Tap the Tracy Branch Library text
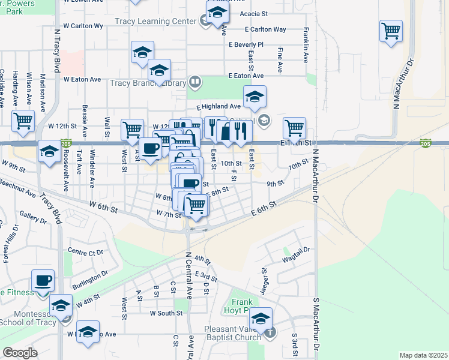[147, 83]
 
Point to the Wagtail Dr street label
[295, 254]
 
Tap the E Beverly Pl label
[246, 45]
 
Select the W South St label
[166, 313]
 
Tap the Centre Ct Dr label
[86, 251]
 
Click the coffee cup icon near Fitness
[43, 280]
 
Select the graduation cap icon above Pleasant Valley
[261, 318]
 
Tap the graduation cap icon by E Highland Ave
[255, 96]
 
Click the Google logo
[20, 353]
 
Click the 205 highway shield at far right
[426, 143]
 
